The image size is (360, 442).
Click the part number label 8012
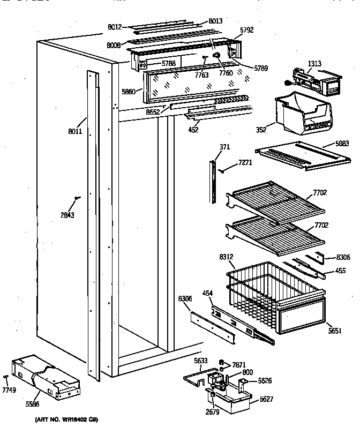coord(114,25)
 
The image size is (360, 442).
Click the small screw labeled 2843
coord(78,199)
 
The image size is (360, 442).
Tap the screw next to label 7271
coord(222,171)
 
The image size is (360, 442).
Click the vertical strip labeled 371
coord(213,180)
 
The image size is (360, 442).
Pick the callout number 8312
coord(226,257)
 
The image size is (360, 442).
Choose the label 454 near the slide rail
coord(208,293)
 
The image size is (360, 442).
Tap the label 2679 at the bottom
coord(212,413)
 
